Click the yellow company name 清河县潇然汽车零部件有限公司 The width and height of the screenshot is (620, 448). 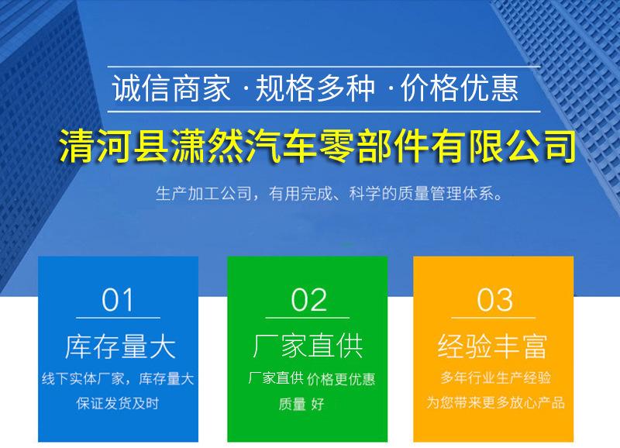[318, 146]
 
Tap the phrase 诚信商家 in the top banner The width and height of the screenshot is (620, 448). [171, 88]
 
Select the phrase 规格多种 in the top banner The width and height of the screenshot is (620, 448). [315, 88]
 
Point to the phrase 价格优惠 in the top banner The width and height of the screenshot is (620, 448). [459, 88]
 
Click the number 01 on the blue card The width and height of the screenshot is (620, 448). [118, 300]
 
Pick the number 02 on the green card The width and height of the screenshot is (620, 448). [308, 300]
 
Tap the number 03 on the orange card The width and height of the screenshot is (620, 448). [494, 300]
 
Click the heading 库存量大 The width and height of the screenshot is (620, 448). [120, 346]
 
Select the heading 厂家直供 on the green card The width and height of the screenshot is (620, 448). [308, 346]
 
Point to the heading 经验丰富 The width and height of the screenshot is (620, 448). [493, 346]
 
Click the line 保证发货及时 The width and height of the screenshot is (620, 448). [118, 403]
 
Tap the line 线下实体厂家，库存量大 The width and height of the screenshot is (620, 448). [118, 379]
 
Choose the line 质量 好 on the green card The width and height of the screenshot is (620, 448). [301, 404]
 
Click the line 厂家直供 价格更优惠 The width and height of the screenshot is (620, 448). [312, 378]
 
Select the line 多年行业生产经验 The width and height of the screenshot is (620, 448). [495, 377]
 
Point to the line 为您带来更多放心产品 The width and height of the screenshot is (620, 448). [495, 402]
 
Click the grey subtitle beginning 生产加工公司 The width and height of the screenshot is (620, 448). [329, 194]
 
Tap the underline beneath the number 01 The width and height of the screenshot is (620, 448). [119, 318]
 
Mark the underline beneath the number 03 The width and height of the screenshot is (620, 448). [494, 318]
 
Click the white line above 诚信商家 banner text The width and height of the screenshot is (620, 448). [324, 67]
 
